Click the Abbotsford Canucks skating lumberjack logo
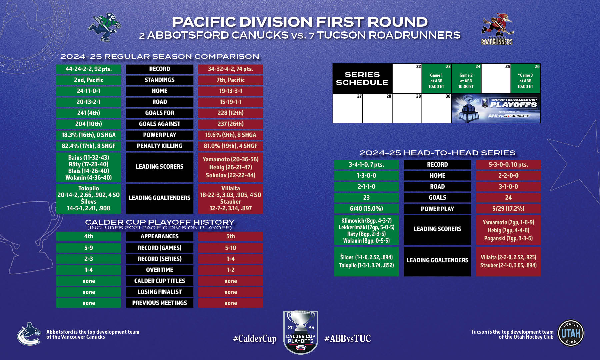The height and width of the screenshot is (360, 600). click(x=104, y=27)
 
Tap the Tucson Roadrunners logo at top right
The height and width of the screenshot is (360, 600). click(x=497, y=29)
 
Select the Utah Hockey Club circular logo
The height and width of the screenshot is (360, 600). click(x=571, y=333)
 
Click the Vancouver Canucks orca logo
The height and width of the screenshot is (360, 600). click(x=29, y=334)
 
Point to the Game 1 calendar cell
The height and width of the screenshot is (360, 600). click(x=436, y=78)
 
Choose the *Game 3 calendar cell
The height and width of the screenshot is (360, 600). click(x=525, y=78)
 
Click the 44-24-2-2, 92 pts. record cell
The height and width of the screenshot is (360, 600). click(x=89, y=69)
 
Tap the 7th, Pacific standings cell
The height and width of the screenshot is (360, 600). click(x=231, y=80)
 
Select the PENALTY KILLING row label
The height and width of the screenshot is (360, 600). click(x=160, y=146)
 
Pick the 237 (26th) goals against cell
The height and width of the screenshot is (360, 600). click(x=231, y=124)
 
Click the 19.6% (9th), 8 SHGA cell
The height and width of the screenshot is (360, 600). click(x=231, y=135)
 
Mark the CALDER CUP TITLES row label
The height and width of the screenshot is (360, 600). click(x=160, y=281)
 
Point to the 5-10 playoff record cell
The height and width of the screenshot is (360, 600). click(x=231, y=248)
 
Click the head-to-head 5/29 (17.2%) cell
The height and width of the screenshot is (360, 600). click(x=508, y=209)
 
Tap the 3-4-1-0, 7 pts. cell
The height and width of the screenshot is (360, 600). click(x=366, y=165)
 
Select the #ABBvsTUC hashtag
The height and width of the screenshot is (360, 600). click(x=347, y=339)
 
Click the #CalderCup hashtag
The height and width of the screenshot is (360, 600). click(x=255, y=339)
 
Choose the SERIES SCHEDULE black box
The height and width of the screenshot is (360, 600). click(x=362, y=78)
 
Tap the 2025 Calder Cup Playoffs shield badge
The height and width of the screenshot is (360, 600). click(x=301, y=332)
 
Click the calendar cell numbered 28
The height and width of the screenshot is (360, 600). click(x=377, y=108)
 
